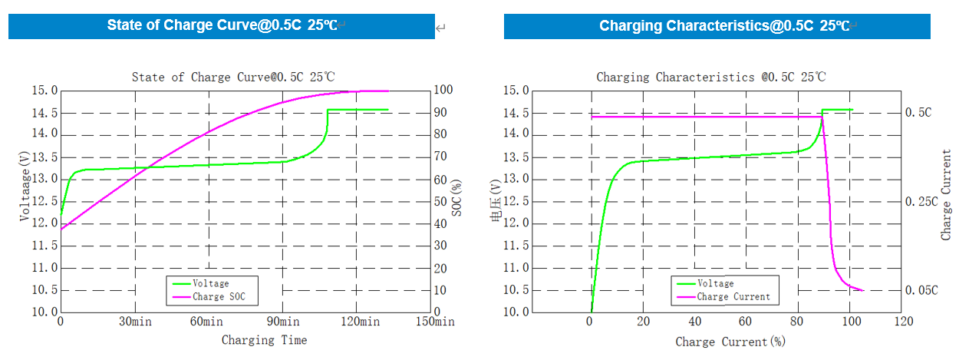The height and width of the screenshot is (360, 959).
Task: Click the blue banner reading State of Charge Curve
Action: pos(222,25)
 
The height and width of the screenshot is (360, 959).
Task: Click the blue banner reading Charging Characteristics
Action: pos(717,25)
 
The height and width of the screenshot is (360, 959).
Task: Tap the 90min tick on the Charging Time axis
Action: pos(283,322)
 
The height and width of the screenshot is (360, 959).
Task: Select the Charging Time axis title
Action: pos(264,340)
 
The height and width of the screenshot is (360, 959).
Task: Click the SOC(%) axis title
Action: pos(457,198)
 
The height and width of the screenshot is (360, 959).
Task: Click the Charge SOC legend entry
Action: pos(219,296)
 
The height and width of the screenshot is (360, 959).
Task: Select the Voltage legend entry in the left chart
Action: pos(210,283)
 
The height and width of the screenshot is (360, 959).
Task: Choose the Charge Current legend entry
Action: pos(733,296)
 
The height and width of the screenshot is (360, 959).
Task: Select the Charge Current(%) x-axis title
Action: pos(730,342)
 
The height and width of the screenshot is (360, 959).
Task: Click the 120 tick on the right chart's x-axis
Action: pos(902,322)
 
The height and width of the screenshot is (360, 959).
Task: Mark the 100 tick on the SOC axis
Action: pos(443,91)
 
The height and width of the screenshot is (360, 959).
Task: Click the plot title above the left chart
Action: pos(233,77)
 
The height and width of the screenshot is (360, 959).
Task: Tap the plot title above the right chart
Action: pos(710,77)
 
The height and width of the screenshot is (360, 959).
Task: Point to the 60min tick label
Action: pos(208,322)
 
